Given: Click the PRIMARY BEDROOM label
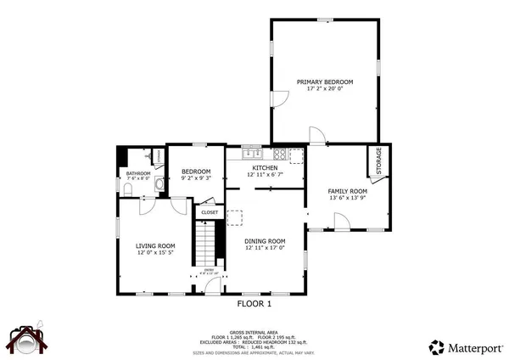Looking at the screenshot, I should point(324,82).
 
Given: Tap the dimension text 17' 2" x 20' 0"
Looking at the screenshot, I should point(324,90).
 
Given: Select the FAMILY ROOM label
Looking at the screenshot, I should point(347,191).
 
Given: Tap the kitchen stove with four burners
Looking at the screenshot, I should point(295,155).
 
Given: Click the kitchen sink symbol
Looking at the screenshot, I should point(251,155).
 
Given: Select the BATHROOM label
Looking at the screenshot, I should point(138,173).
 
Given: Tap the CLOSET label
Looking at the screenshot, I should point(210,212).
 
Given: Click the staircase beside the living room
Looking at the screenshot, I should point(208,246).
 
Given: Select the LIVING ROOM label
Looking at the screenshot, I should point(155,246).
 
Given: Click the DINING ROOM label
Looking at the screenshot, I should point(265,241).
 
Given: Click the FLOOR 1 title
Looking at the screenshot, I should point(255,303).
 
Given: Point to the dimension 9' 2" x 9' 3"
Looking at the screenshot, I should point(196,179).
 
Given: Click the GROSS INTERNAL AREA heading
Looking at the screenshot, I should point(255,320).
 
